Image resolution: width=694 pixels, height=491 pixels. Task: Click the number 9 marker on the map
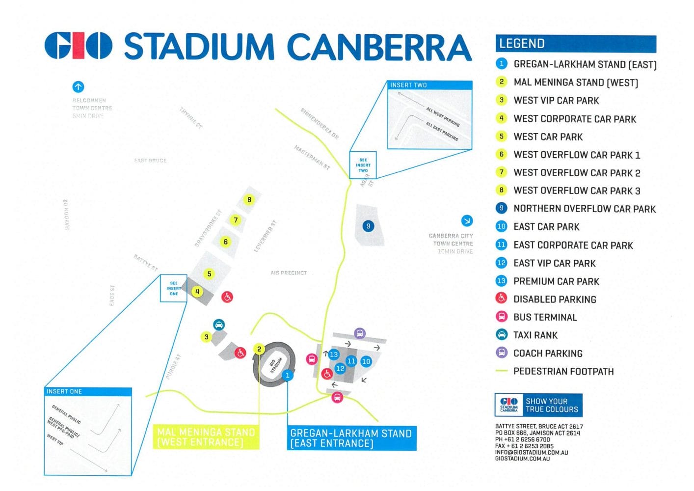(368, 226)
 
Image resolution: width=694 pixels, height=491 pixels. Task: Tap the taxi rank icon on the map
(219, 325)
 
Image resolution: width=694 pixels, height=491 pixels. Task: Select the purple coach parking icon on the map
(360, 333)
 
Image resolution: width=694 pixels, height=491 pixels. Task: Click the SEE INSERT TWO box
(363, 165)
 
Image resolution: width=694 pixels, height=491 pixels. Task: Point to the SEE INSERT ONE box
(174, 288)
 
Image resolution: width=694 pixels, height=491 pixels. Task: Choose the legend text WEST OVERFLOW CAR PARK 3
(577, 191)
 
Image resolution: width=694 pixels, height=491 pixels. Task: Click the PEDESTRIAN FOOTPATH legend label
(563, 372)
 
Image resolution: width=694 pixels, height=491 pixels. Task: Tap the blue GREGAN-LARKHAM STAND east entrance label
(351, 438)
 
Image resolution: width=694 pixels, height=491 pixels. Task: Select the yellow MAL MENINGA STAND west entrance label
(206, 437)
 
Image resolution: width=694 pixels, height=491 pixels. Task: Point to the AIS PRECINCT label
(289, 273)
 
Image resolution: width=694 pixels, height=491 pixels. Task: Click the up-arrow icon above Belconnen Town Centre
(78, 87)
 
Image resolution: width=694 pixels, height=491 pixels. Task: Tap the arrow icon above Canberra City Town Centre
(467, 220)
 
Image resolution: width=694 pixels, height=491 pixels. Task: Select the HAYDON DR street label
(66, 215)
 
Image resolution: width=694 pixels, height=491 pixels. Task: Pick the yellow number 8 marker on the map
(249, 200)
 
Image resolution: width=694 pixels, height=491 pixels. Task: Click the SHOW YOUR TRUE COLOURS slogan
(552, 406)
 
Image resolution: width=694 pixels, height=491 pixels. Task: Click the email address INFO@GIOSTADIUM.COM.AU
(531, 452)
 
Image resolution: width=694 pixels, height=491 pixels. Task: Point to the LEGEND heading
(522, 44)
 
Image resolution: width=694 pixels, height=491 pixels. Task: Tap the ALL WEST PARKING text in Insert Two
(443, 117)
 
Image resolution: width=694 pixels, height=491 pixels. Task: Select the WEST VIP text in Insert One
(55, 439)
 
